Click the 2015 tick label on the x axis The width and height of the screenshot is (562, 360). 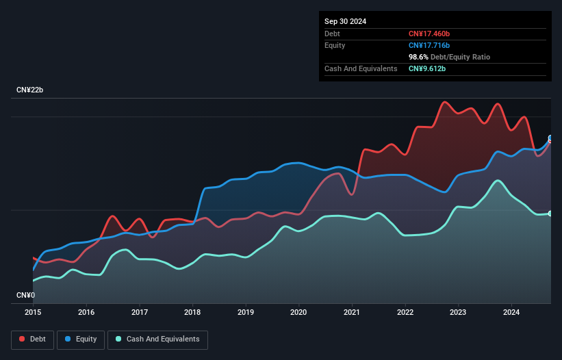(33, 313)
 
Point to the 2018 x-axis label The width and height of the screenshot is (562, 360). (192, 313)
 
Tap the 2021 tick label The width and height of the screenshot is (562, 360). (352, 313)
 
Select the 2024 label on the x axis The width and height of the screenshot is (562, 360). (511, 313)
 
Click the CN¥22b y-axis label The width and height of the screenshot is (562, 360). (30, 90)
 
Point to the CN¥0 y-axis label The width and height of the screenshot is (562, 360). (25, 295)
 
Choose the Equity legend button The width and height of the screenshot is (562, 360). (81, 339)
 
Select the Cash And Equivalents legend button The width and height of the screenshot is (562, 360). (157, 339)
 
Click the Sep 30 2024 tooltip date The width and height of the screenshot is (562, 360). (345, 21)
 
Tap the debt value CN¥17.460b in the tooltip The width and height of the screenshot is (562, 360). (429, 34)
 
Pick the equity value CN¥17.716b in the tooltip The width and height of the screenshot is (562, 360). (429, 45)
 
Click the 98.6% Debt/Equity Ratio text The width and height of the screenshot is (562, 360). (449, 57)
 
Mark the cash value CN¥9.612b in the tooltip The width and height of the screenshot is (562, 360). (427, 68)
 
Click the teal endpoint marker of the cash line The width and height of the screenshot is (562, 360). (550, 214)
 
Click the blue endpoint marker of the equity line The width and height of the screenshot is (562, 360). (550, 138)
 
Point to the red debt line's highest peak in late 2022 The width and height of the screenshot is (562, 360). (445, 102)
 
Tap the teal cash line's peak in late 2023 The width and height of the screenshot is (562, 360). (499, 181)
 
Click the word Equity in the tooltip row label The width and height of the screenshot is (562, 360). (335, 45)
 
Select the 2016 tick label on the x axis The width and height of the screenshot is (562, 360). (86, 313)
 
